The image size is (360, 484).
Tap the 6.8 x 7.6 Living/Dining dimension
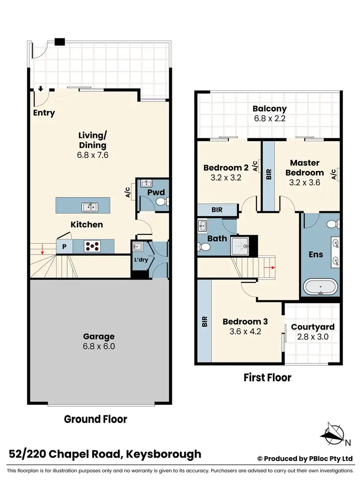[93, 156]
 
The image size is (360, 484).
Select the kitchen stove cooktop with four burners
[93, 246]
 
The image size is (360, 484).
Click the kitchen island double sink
[89, 207]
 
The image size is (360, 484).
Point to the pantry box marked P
[63, 247]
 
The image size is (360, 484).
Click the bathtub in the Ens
[321, 288]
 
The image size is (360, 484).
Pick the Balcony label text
[269, 109]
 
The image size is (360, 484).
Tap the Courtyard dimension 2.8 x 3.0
[312, 337]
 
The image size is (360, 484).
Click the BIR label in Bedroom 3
[204, 321]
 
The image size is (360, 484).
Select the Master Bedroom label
[304, 168]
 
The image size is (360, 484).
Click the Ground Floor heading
[96, 419]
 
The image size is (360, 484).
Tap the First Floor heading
[268, 377]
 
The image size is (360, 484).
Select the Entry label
[44, 113]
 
